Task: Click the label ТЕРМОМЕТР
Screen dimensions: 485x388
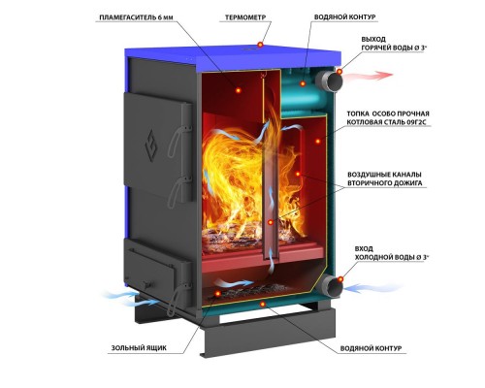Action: [x=245, y=17]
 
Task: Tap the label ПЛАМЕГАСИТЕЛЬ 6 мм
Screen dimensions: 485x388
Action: [x=136, y=17]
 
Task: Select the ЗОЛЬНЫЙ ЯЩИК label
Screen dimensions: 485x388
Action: [x=139, y=348]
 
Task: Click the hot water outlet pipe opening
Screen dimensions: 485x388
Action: [x=334, y=81]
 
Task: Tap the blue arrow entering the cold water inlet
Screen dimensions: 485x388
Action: [x=372, y=287]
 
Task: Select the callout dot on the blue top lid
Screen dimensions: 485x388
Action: [x=261, y=45]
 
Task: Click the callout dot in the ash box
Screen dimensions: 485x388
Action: [x=218, y=294]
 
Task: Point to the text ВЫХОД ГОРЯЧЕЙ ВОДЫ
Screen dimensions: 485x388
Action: [x=390, y=44]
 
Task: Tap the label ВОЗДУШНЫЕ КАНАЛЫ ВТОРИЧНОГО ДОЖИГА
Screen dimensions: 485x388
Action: [x=385, y=178]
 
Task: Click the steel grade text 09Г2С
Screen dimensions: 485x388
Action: [x=414, y=122]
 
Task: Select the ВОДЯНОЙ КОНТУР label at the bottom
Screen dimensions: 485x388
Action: [x=371, y=348]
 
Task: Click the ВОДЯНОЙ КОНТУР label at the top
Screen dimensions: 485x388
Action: [x=345, y=17]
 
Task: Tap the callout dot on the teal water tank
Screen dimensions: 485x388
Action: [x=303, y=83]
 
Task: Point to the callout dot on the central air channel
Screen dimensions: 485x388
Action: [x=271, y=222]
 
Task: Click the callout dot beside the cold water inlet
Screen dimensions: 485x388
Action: [x=340, y=278]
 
